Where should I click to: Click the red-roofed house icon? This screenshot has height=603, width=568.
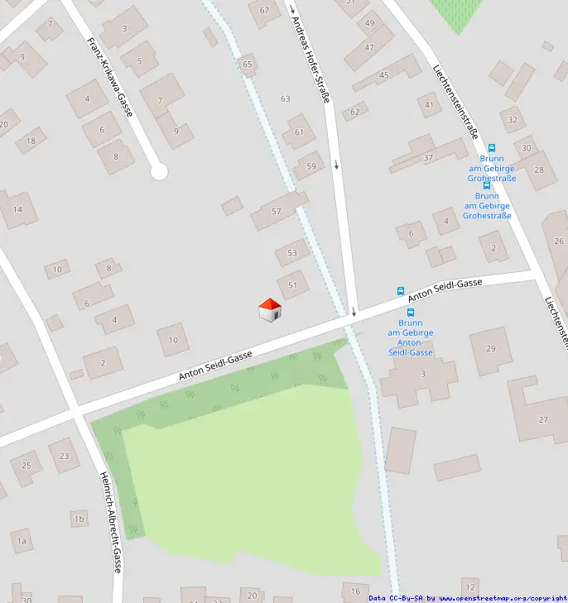(270, 310)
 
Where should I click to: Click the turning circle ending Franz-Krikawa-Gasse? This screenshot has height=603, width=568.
(159, 172)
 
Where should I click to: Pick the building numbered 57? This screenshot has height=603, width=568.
(277, 212)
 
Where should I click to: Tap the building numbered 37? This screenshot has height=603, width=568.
(428, 157)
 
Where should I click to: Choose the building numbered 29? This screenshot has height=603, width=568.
(491, 349)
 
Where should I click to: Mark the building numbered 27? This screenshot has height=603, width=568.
(543, 420)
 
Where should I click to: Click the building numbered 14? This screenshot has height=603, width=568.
(17, 210)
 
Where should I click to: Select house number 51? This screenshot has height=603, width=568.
(292, 285)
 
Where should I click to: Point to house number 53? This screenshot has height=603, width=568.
(292, 253)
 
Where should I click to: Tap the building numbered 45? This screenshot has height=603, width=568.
(383, 75)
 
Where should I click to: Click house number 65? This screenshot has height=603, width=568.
(248, 64)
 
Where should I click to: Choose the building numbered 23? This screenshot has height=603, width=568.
(64, 456)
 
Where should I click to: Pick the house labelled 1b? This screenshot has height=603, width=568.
(79, 519)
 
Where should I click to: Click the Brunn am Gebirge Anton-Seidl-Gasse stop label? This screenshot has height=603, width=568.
(410, 337)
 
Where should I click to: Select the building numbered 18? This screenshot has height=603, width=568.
(31, 141)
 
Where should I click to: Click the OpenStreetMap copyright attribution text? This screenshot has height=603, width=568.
(468, 598)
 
